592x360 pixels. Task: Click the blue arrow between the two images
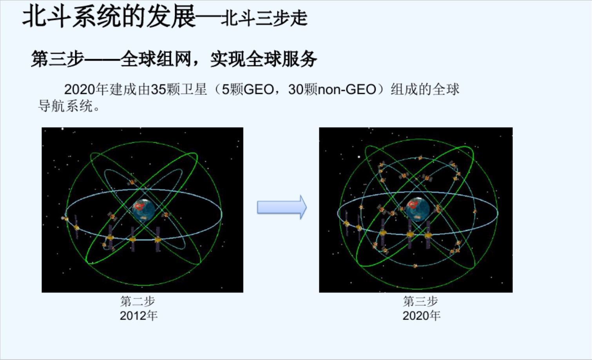click(x=282, y=207)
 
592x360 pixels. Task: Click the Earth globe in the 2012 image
click(x=143, y=210)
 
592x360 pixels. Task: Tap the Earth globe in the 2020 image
click(x=418, y=209)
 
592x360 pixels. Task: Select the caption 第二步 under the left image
click(x=138, y=301)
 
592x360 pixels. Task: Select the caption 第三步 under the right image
click(x=420, y=301)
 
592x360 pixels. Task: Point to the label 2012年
click(x=139, y=316)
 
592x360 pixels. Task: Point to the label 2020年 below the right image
click(x=422, y=316)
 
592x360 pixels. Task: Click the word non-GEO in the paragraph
click(x=347, y=90)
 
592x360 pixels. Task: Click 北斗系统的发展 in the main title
click(x=109, y=17)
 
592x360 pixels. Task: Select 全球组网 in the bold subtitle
click(x=156, y=59)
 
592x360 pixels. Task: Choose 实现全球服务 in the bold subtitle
click(x=264, y=59)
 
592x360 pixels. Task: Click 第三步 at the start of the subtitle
click(x=58, y=59)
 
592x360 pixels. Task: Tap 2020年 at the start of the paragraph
click(x=86, y=90)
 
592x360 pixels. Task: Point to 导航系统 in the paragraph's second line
click(x=65, y=106)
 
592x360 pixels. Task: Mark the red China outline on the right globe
click(x=413, y=204)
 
